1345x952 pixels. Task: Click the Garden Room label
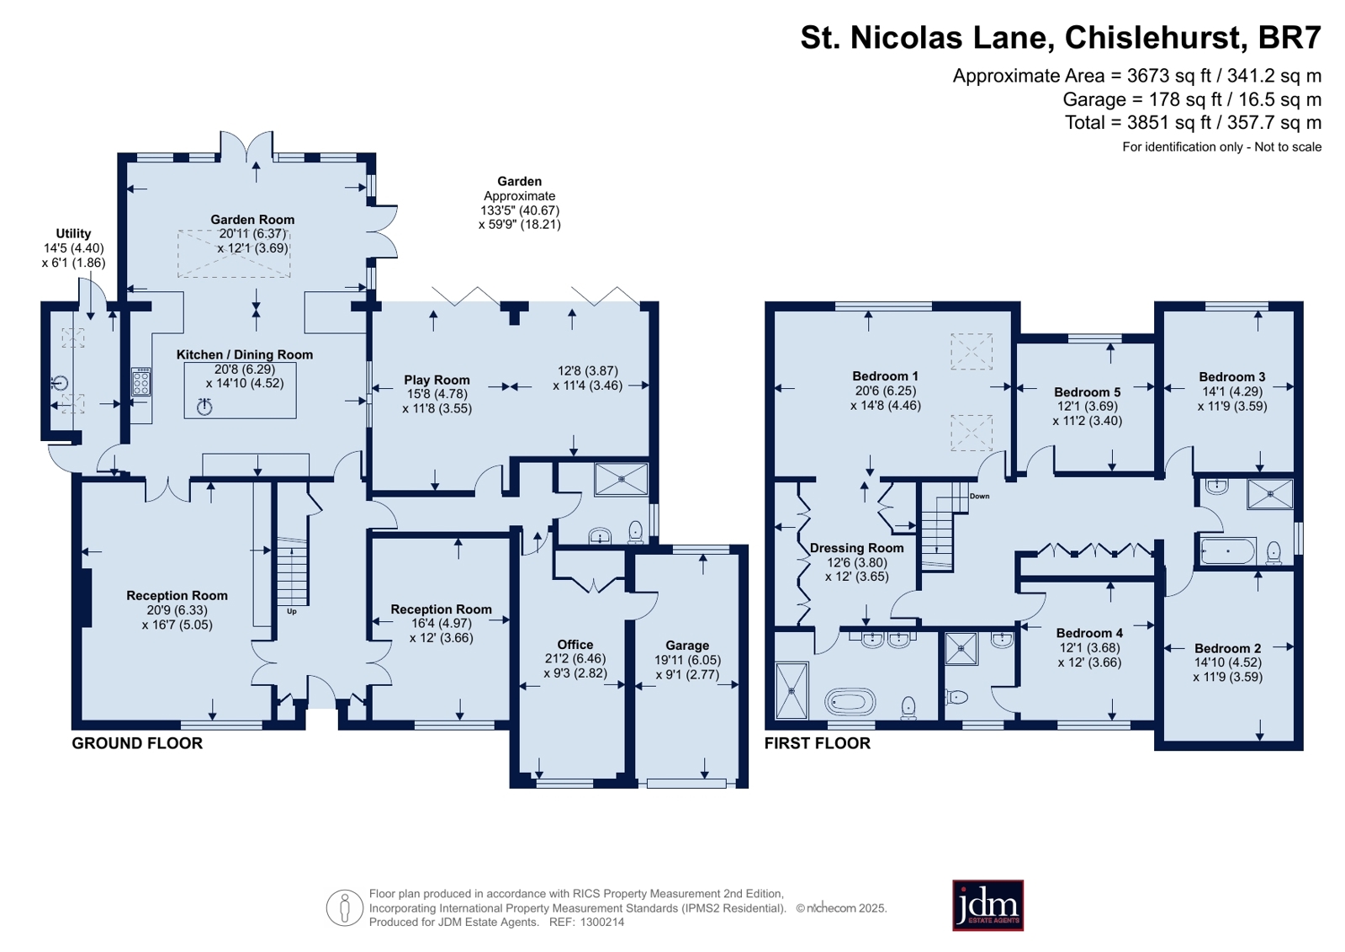pos(252,220)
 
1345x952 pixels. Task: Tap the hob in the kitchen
pos(141,381)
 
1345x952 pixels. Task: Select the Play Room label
pos(437,380)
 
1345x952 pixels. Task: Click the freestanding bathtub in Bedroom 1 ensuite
pos(850,701)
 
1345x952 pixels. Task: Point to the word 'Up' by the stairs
pos(292,611)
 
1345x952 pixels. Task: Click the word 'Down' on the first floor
pos(979,496)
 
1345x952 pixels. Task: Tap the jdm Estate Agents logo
pos(988,905)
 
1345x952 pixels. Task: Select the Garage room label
pos(687,645)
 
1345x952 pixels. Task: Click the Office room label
pos(575,644)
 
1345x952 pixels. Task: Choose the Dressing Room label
pos(856,548)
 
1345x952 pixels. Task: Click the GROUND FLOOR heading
pos(137,743)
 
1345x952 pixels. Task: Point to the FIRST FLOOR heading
pos(818,743)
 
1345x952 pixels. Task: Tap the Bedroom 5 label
pos(1088,392)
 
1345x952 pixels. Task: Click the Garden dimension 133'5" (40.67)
pos(519,210)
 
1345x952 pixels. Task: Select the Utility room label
pos(73,233)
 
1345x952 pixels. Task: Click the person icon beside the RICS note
pos(345,907)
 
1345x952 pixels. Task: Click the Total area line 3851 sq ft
pos(1193,123)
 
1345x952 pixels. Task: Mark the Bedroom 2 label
pos(1227,648)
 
